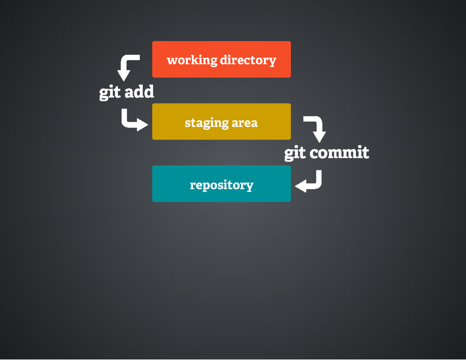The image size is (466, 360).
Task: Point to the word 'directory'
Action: pyautogui.click(x=248, y=60)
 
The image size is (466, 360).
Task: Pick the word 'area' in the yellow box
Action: pyautogui.click(x=245, y=122)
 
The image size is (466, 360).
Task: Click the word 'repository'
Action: pyautogui.click(x=221, y=185)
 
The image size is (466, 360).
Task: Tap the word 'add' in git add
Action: pyautogui.click(x=139, y=92)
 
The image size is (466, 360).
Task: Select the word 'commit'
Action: pyautogui.click(x=339, y=153)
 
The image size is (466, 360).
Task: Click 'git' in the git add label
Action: pyautogui.click(x=110, y=92)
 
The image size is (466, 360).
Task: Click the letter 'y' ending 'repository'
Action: pyautogui.click(x=250, y=186)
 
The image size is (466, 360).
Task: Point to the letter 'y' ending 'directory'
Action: pyautogui.click(x=273, y=61)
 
